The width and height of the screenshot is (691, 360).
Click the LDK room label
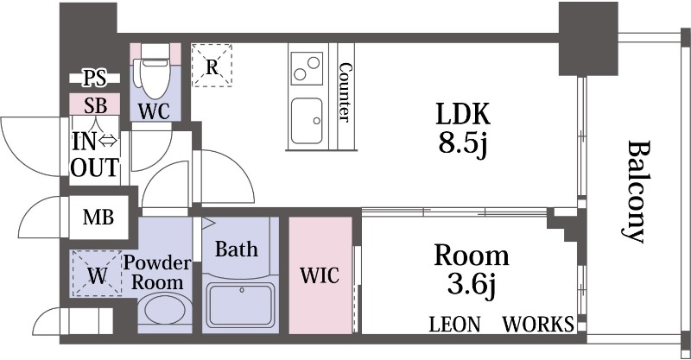[462, 114]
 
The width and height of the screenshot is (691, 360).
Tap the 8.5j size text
[462, 143]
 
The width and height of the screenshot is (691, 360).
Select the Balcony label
[637, 190]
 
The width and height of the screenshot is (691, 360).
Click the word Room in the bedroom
[471, 256]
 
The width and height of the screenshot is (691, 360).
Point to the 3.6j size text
[471, 283]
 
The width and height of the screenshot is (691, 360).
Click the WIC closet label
[320, 276]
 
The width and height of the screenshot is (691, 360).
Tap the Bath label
[236, 250]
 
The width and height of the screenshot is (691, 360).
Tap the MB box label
[98, 218]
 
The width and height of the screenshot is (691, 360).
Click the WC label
[155, 111]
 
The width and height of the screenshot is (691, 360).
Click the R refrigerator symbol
[211, 66]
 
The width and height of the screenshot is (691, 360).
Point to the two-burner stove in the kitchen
[306, 68]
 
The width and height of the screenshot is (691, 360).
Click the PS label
[96, 79]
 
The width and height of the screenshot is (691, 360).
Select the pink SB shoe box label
[96, 105]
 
